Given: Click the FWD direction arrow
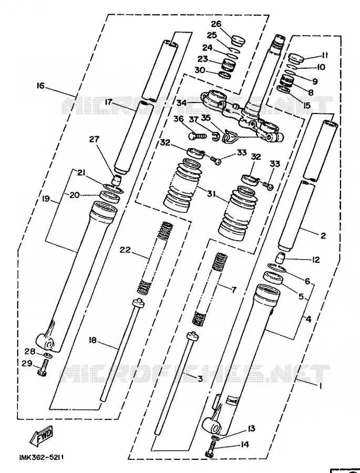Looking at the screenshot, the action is [42, 436].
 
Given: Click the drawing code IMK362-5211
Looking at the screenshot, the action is [42, 458].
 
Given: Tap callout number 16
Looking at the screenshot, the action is [40, 86].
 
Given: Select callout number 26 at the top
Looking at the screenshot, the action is [216, 24].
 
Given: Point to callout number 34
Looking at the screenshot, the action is [182, 103].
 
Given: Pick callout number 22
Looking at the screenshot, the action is [125, 250].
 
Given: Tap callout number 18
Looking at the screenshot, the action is [92, 340].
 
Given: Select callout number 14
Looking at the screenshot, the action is [245, 444].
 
